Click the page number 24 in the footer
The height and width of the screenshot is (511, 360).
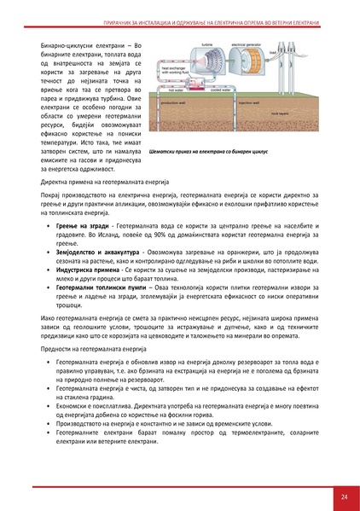point(343,496)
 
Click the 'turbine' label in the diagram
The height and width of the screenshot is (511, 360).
point(206,42)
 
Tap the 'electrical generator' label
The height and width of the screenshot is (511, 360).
point(246,42)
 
